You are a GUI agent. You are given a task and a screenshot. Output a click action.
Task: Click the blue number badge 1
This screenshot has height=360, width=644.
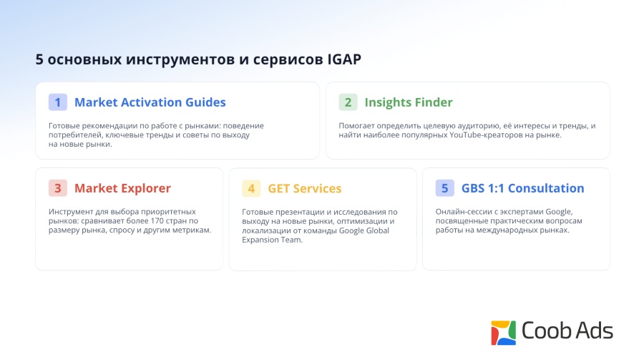(58, 102)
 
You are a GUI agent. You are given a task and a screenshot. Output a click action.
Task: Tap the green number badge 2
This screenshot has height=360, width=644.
(348, 102)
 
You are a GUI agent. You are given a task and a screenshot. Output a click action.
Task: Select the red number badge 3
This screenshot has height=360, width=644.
(58, 188)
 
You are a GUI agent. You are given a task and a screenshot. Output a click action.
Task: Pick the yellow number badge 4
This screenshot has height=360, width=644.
(251, 188)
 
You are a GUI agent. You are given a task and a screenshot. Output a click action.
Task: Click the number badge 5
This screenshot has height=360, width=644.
(445, 188)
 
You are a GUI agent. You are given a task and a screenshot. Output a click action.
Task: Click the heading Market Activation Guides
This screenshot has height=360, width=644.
(150, 102)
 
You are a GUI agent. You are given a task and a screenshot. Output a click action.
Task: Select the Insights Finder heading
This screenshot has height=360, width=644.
(409, 102)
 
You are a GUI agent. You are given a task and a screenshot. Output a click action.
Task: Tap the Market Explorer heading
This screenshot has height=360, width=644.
(122, 188)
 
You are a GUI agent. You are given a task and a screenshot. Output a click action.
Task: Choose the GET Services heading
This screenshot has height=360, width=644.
(304, 189)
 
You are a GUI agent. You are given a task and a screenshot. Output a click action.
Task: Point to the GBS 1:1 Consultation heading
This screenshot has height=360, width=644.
(522, 188)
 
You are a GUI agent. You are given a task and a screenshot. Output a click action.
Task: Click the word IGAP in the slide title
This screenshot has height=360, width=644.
(344, 59)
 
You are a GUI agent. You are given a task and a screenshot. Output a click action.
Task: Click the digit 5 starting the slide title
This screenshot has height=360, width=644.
(39, 59)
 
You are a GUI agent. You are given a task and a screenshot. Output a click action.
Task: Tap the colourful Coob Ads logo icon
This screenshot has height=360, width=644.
(503, 333)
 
